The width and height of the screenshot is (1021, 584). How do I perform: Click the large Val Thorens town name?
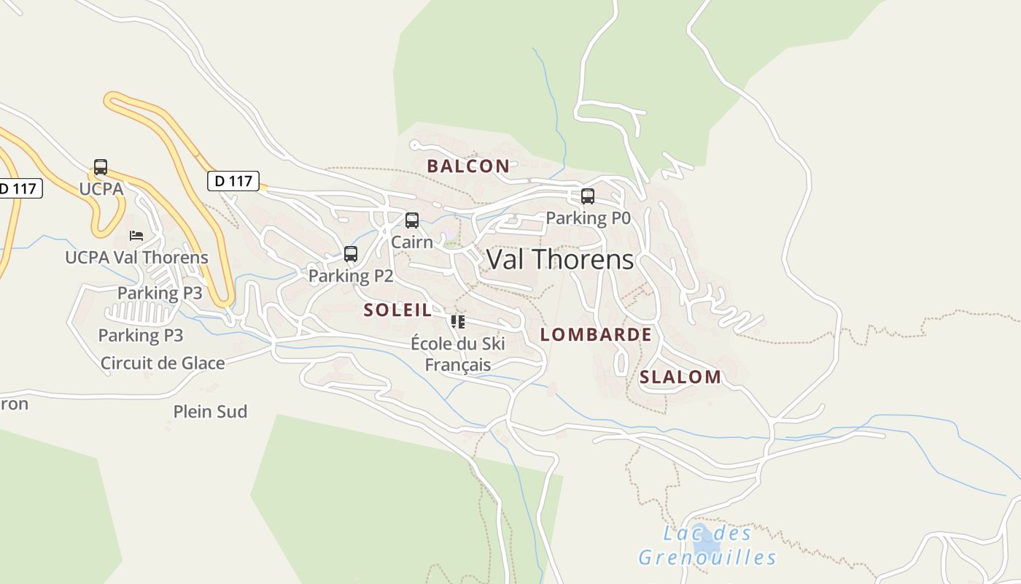560,260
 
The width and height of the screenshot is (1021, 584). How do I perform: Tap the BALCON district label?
468,166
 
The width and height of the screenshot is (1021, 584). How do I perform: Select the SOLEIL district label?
397,310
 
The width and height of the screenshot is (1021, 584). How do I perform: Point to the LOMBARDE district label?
596,334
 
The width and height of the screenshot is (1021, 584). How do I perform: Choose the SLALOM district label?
680,377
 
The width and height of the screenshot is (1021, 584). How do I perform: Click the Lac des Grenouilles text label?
707,545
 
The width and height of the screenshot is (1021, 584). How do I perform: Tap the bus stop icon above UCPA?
101,167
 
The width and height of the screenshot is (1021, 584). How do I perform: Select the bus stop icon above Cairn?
412,220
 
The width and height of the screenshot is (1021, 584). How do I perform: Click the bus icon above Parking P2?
351,254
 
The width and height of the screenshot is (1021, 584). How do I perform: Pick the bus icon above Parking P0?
588,196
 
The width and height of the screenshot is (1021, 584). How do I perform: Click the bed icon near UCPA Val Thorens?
136,236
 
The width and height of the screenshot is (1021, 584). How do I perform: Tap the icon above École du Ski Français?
458,321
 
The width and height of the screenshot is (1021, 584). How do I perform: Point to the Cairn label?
412,242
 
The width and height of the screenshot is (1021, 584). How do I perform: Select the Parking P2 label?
351,276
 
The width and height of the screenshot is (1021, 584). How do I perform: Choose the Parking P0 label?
588,218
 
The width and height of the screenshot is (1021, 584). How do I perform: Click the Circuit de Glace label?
163,363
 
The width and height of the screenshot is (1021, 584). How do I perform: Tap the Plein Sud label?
210,412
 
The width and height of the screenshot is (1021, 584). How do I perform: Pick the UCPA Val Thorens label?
136,258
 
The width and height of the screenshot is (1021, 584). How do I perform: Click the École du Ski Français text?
458,354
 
